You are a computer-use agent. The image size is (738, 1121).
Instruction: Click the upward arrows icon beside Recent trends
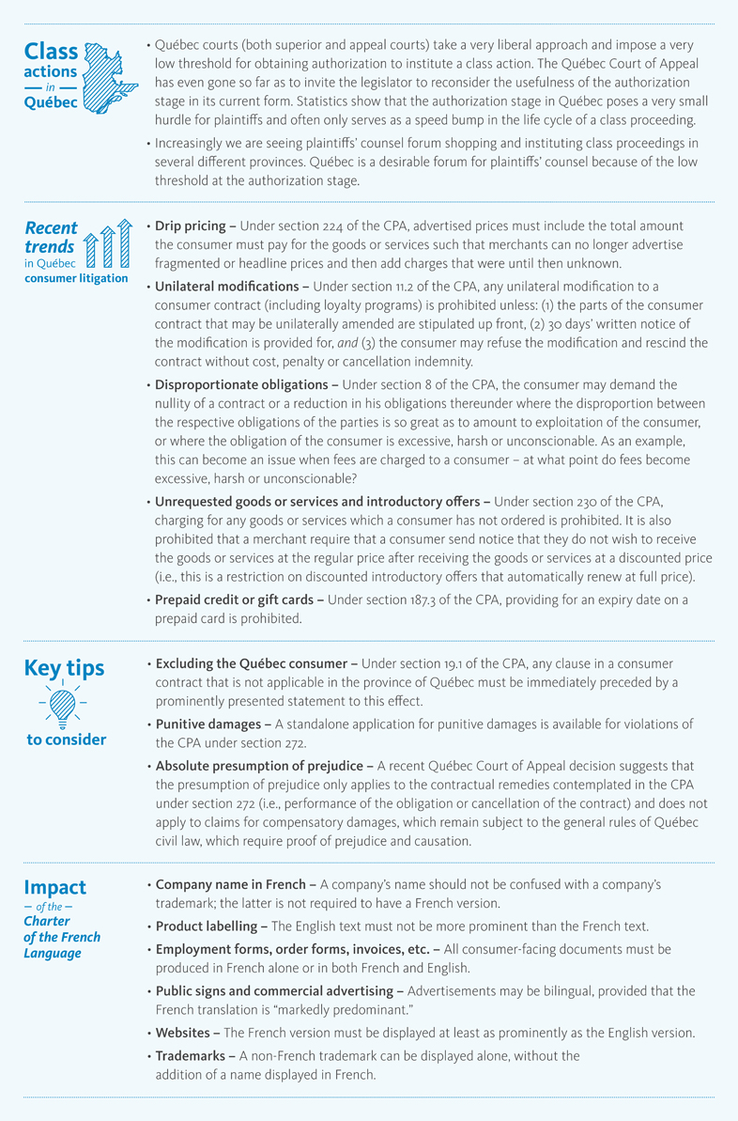click(x=104, y=247)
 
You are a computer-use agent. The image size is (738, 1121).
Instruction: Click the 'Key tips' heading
click(x=64, y=669)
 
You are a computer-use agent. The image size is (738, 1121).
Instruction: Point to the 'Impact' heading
click(x=54, y=887)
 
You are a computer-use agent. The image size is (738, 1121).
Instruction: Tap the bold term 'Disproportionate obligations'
click(x=244, y=385)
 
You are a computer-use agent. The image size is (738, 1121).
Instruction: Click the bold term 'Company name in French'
click(x=230, y=884)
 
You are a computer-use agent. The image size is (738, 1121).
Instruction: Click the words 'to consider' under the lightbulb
click(x=66, y=740)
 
